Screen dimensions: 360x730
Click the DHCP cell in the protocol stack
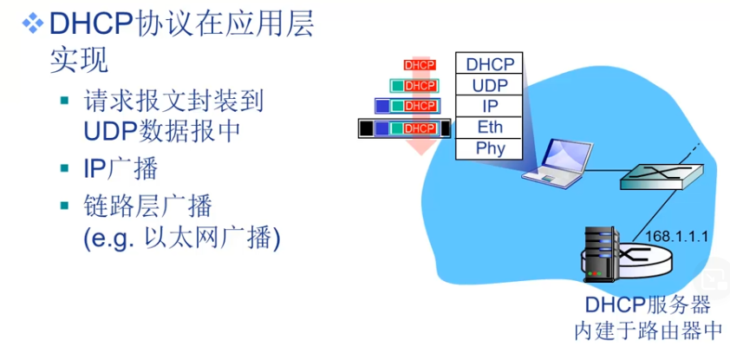[x=490, y=64]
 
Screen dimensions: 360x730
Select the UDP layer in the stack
[x=490, y=85]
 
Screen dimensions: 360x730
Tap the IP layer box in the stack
[x=490, y=106]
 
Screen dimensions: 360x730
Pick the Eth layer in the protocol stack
[x=490, y=128]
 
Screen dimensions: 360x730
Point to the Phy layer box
[x=490, y=148]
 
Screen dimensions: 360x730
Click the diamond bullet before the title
[x=33, y=23]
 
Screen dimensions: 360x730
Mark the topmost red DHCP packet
[x=420, y=64]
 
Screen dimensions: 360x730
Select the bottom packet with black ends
[x=405, y=128]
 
